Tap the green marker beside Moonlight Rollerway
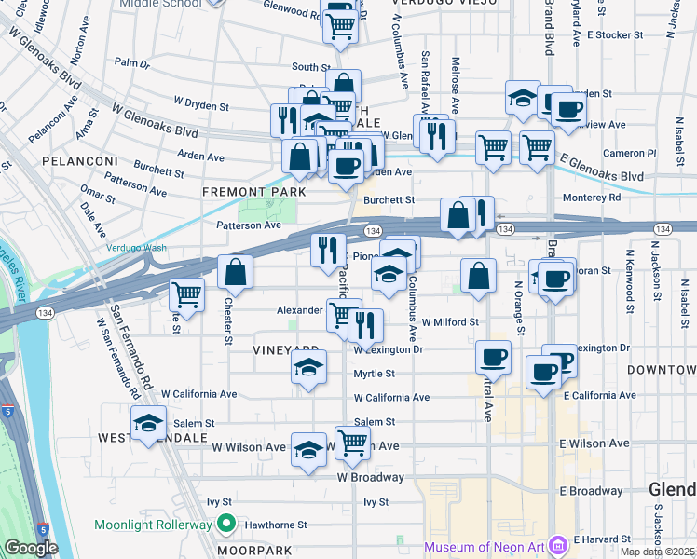(225, 525)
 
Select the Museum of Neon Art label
(485, 546)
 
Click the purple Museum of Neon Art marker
(557, 544)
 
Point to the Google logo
(30, 547)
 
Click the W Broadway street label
(371, 477)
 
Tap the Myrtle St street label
(374, 374)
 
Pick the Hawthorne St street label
(276, 525)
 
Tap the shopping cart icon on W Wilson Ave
(352, 443)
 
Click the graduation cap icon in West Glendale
(148, 423)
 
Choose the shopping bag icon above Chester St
(236, 272)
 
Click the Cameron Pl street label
(623, 153)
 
